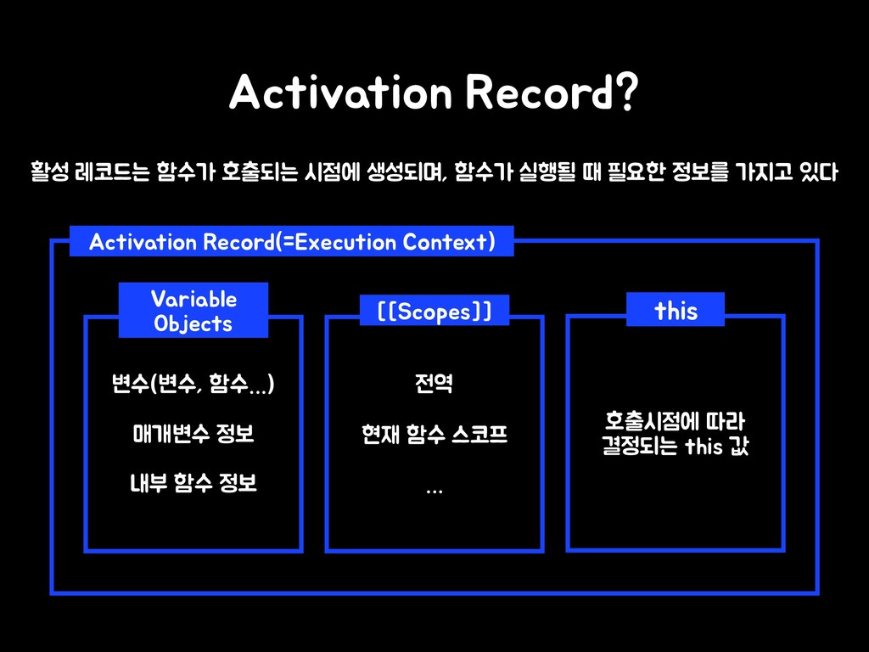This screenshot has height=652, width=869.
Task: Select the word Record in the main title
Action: point(537,93)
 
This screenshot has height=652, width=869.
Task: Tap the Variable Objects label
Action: point(193,311)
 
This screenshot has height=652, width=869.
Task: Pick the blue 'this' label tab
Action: point(676,311)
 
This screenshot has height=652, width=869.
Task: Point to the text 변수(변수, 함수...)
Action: point(193,387)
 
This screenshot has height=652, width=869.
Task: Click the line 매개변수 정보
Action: point(193,436)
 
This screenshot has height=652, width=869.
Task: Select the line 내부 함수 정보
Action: point(193,484)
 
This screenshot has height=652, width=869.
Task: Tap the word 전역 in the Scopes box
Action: point(434,387)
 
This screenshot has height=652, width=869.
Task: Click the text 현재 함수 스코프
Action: point(434,436)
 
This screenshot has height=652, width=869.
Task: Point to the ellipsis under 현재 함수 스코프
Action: point(434,490)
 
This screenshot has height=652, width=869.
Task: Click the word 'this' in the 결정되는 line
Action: point(703,447)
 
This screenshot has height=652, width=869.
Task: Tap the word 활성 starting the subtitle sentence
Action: point(49,174)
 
